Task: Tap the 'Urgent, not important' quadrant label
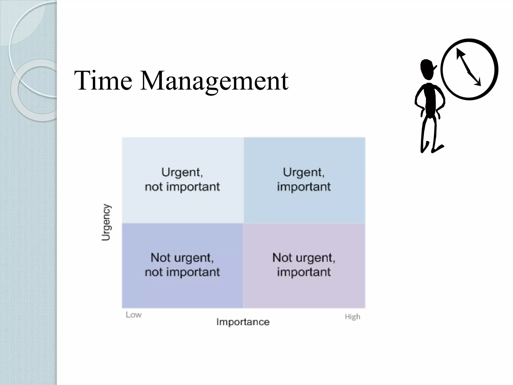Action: [182, 179]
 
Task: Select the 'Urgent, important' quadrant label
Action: [304, 179]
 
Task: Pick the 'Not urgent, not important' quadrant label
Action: [182, 265]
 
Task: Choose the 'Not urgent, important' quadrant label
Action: [304, 265]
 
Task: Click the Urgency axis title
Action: [106, 222]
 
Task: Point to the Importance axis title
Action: [243, 322]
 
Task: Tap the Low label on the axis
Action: [134, 315]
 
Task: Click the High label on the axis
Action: [352, 317]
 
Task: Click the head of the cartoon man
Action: [428, 69]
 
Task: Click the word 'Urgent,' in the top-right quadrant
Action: [304, 172]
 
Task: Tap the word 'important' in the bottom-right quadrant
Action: [304, 272]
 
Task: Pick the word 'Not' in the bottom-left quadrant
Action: [159, 258]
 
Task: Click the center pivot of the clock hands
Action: [469, 72]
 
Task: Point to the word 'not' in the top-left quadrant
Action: [154, 187]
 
